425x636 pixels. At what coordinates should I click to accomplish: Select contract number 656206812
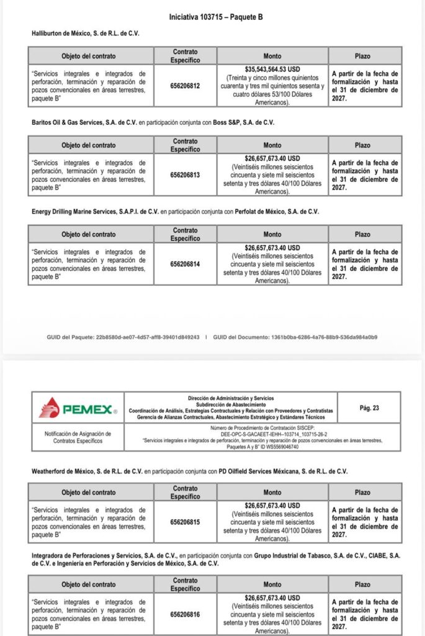pos(185,86)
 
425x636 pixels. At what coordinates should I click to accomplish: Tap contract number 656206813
pos(185,175)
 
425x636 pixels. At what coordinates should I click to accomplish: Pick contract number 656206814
pos(185,264)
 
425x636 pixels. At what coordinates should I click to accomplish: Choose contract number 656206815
pos(185,522)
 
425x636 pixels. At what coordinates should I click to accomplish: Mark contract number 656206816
pos(185,614)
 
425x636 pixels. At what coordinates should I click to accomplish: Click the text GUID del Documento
pos(239,337)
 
